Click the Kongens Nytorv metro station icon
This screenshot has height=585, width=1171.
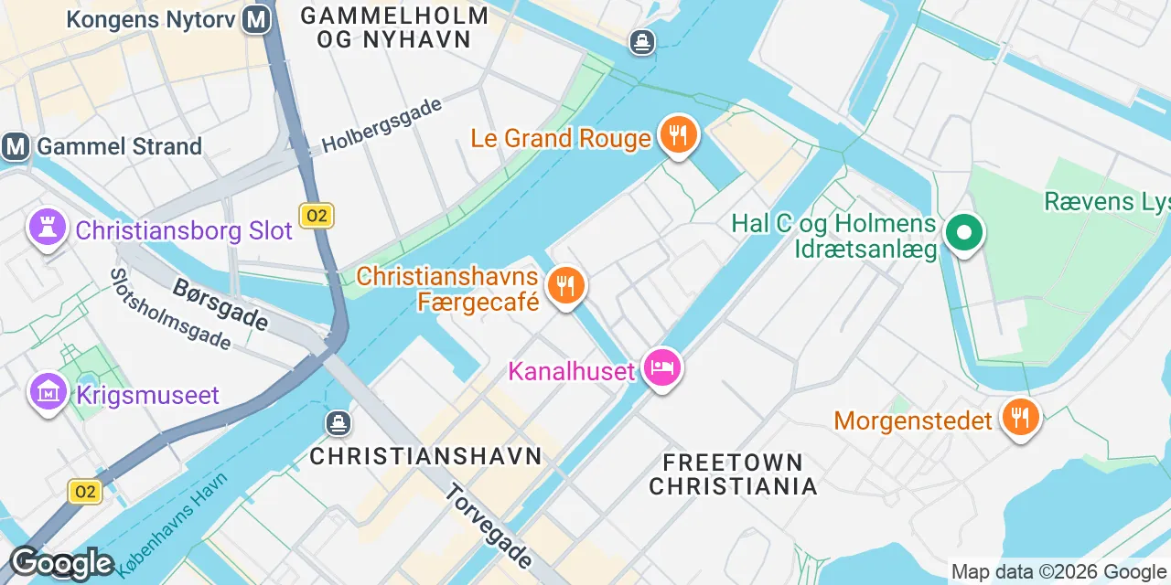tap(257, 19)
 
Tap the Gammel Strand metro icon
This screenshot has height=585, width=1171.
tap(16, 146)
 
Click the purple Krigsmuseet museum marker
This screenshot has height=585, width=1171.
tap(47, 393)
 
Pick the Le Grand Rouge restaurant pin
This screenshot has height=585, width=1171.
tap(678, 135)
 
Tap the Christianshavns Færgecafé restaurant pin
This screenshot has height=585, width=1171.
tap(566, 286)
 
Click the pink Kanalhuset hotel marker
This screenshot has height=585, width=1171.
tap(662, 368)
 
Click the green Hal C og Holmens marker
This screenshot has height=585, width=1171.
tap(963, 232)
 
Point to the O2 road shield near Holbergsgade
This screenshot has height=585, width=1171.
tap(316, 216)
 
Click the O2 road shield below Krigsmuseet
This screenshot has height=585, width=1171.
tap(85, 492)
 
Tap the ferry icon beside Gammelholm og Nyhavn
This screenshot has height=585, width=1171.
tap(642, 41)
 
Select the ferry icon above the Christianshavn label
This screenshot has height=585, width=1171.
tap(338, 422)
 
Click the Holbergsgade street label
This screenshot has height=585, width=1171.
tap(382, 125)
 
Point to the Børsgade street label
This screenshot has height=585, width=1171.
tap(220, 305)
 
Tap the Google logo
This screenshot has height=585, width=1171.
tap(61, 563)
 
